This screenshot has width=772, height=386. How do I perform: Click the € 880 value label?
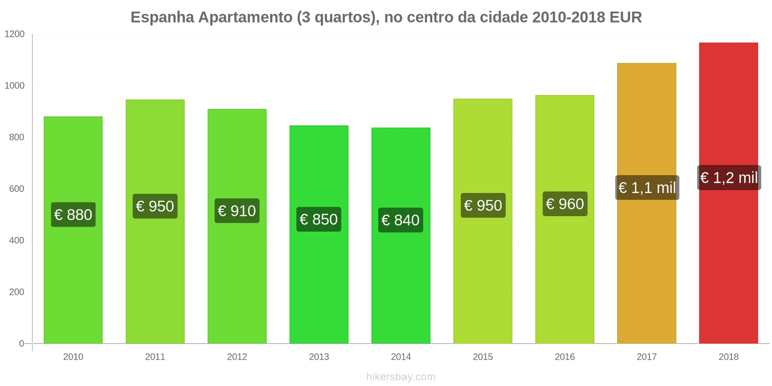point(73,215)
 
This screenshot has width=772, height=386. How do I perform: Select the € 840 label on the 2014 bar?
point(400,220)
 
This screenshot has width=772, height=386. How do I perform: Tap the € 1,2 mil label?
point(729,178)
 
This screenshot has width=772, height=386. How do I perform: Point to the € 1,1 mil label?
point(647,188)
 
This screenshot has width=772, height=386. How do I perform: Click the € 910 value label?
point(237,211)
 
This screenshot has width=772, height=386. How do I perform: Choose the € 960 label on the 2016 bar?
point(565,204)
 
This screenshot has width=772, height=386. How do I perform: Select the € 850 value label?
point(318,220)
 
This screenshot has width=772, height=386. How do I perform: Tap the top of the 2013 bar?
point(319,127)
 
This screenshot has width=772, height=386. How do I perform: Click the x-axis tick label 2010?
point(73,357)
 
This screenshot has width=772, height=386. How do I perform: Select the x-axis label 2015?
point(482,357)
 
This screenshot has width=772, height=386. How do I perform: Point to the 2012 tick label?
point(237,357)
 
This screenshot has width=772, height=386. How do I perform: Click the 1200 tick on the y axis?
point(14,34)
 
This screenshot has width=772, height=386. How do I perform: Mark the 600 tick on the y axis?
point(16,189)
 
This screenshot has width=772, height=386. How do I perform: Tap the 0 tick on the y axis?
point(21,344)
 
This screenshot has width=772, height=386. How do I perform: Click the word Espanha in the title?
point(162,17)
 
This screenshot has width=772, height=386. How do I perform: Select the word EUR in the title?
point(625,17)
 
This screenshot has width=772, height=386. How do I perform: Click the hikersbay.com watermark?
point(400,377)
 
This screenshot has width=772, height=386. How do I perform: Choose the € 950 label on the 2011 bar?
point(155,207)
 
